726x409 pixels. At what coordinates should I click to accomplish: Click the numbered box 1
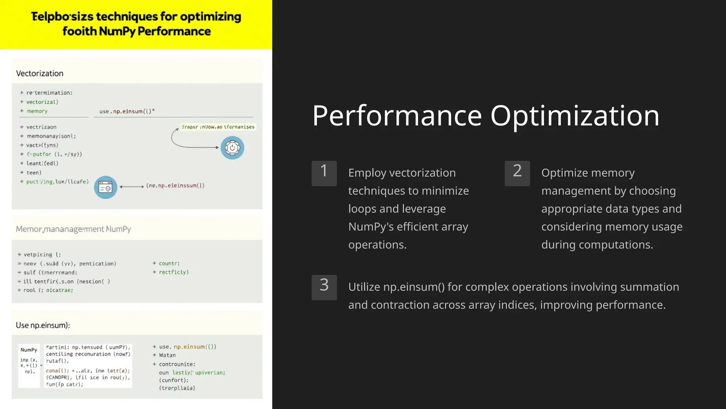coord(324,173)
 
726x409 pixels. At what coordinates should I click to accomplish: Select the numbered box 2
coord(517,173)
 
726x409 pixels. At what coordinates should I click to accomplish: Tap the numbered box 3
coord(324,287)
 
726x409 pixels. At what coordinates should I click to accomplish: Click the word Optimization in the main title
coord(575,116)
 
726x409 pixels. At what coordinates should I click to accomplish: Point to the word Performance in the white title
coord(397,116)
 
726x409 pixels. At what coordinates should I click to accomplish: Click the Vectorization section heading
coord(40,73)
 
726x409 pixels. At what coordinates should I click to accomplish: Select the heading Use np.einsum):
coord(43,325)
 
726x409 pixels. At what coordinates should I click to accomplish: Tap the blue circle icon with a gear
coord(232,148)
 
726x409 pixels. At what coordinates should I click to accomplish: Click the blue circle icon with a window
coord(106,187)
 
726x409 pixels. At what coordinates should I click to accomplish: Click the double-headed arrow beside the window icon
coord(132,186)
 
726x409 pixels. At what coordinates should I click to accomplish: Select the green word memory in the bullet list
coord(37,111)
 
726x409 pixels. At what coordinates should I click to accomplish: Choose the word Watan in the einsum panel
coord(167,355)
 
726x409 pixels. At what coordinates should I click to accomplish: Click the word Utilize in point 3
coord(364,287)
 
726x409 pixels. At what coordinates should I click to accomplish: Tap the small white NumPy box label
coord(29,350)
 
